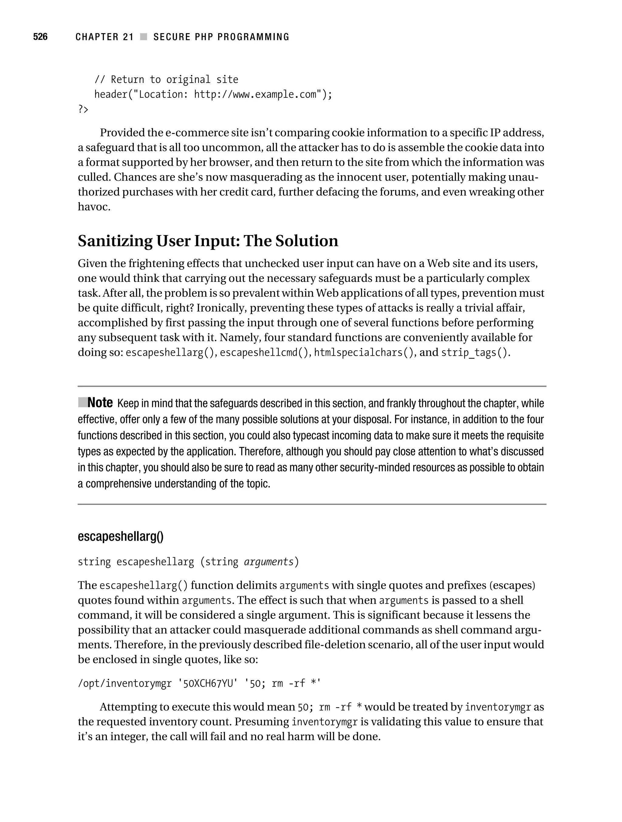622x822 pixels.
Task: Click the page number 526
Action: click(40, 37)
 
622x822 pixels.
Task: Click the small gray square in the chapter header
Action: click(143, 37)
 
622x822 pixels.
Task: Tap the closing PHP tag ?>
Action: click(83, 110)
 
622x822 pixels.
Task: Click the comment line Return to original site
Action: click(166, 80)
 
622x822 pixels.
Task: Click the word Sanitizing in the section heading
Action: click(114, 241)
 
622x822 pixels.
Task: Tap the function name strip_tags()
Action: click(474, 352)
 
